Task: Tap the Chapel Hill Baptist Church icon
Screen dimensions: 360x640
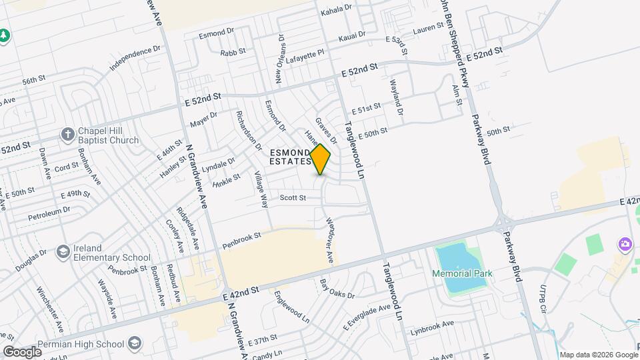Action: [x=67, y=135]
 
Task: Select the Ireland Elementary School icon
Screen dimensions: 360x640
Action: [x=63, y=252]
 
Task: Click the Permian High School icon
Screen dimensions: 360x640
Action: [x=135, y=344]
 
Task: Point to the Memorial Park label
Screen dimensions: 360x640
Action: [x=461, y=274]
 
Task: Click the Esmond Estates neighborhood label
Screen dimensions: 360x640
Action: [x=291, y=157]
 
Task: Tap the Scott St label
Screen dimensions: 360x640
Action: [x=293, y=198]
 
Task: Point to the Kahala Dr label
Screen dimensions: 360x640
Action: [x=336, y=9]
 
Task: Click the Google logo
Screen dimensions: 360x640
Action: [x=22, y=351]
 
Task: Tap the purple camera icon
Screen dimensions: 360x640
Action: [x=625, y=244]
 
